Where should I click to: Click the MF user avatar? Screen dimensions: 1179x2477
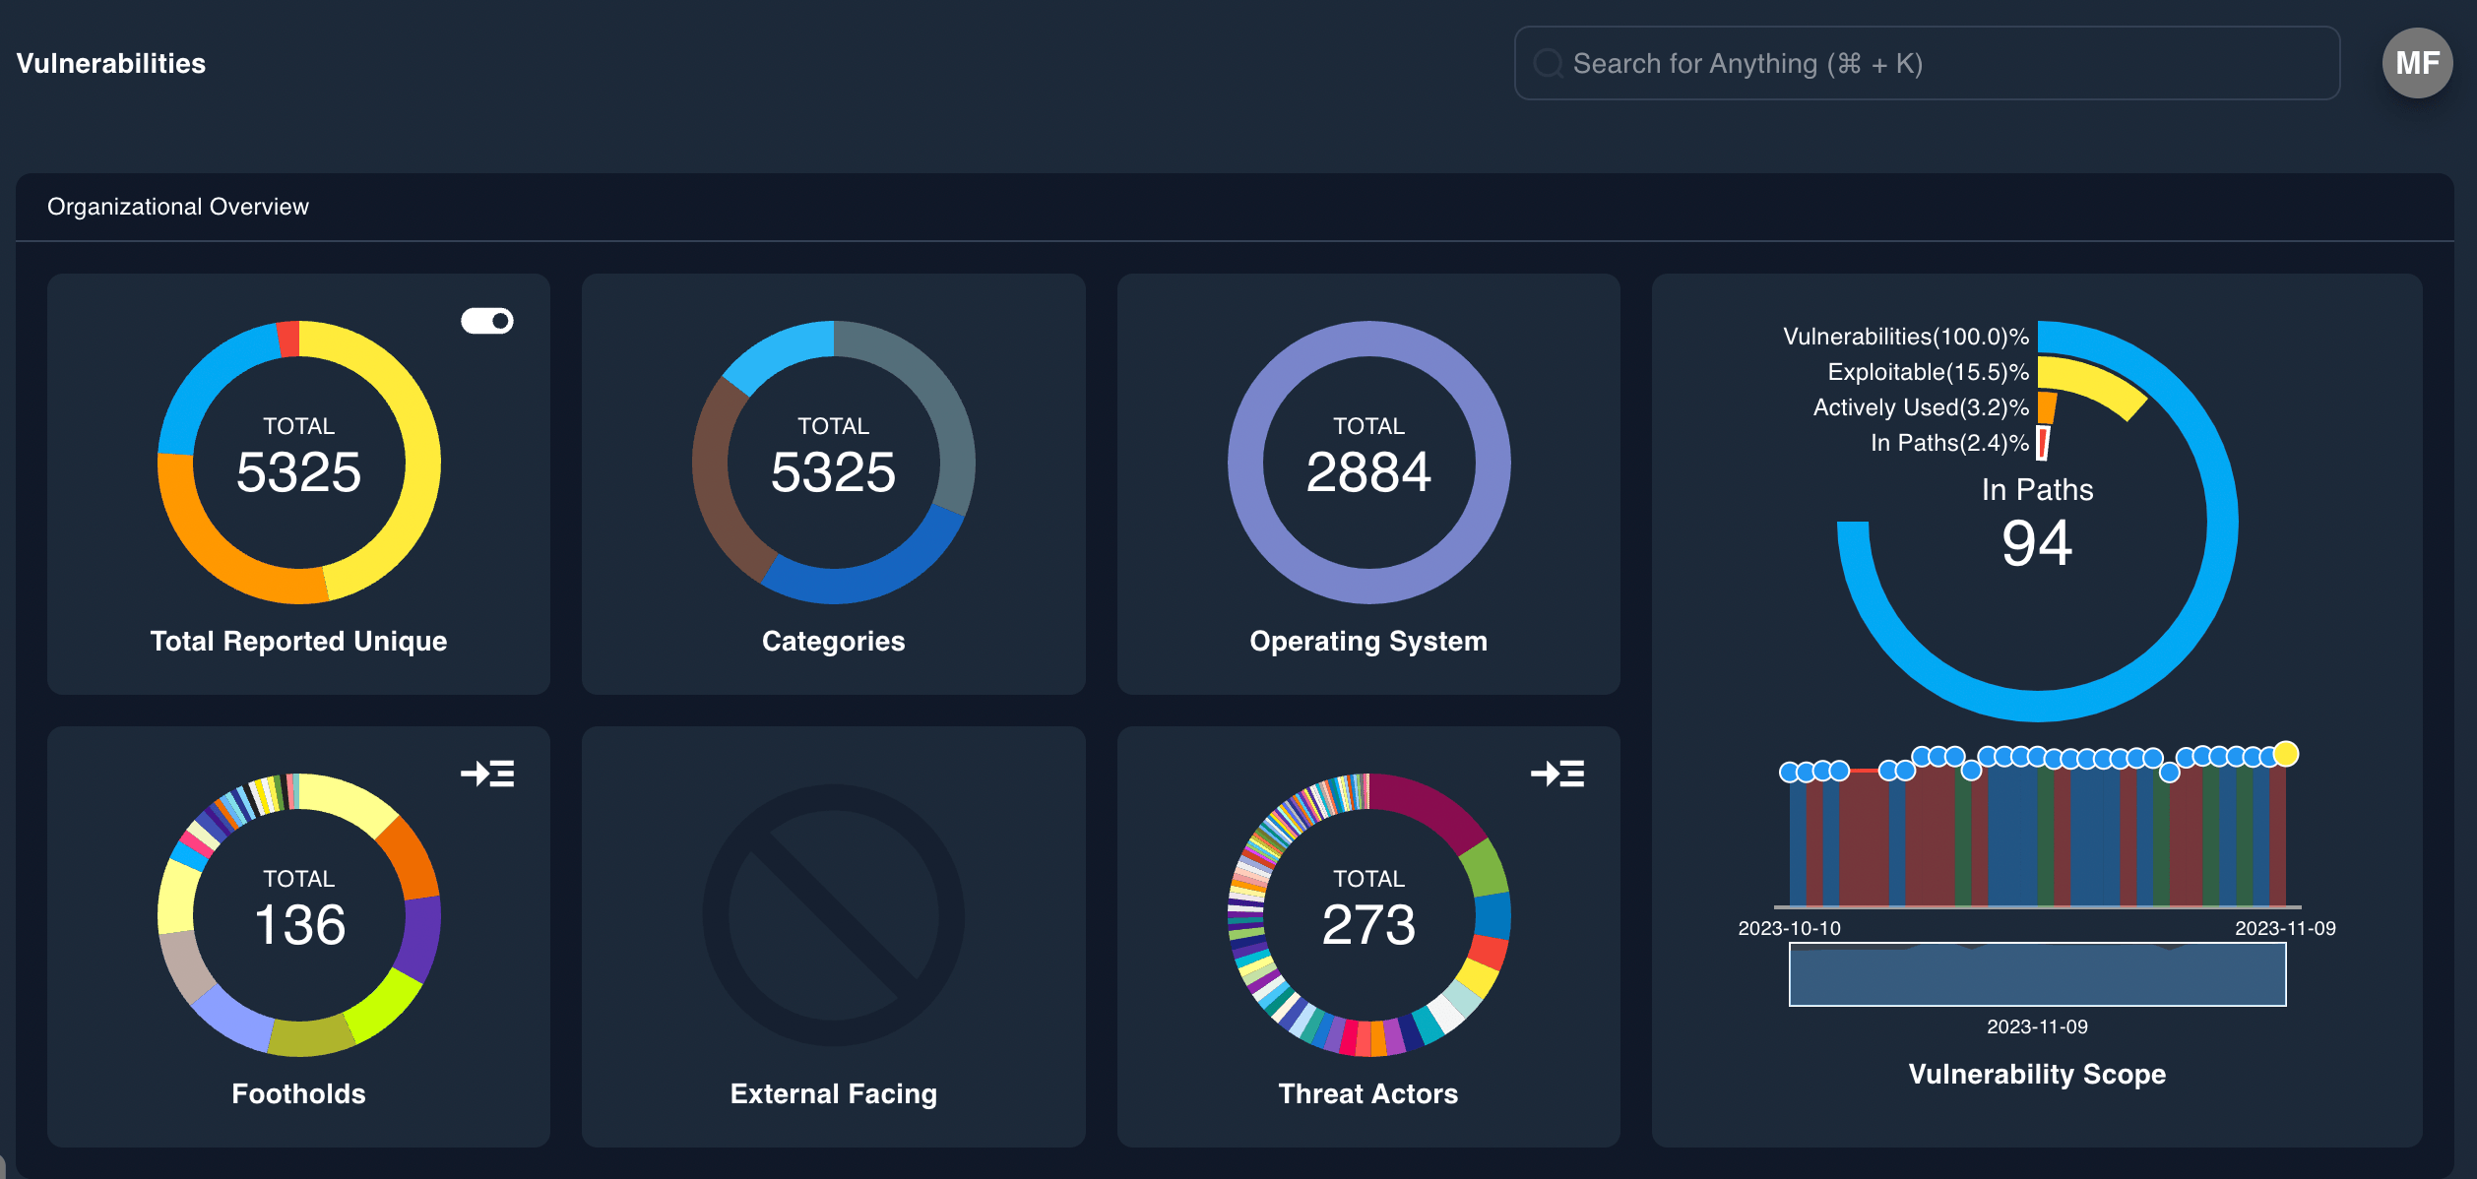[x=2416, y=63]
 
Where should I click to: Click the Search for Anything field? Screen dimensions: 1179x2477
[x=1926, y=63]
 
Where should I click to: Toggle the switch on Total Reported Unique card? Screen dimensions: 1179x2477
[x=487, y=321]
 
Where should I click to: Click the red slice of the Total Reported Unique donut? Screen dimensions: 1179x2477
[x=288, y=339]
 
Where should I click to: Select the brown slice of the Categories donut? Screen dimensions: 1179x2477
[x=718, y=482]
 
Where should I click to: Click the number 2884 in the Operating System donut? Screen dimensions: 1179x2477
[x=1367, y=472]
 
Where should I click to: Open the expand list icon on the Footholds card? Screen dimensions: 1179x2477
[x=487, y=774]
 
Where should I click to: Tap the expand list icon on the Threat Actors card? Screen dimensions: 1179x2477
[x=1557, y=774]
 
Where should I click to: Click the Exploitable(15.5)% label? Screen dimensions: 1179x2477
[x=1928, y=372]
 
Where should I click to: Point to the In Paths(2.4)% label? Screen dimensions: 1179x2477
[x=1948, y=443]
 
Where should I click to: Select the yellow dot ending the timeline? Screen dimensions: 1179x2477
[x=2286, y=754]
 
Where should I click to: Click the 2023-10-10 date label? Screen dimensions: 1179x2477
[x=1789, y=928]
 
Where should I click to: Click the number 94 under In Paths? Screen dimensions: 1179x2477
[x=2037, y=543]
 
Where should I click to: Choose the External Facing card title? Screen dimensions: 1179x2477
[x=833, y=1093]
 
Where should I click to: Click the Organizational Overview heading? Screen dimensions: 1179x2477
[x=178, y=207]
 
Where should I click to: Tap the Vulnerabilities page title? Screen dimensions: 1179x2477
[x=111, y=64]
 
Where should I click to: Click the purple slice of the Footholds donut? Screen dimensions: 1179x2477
[x=421, y=939]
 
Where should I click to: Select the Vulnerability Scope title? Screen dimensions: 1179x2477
[x=2036, y=1074]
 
